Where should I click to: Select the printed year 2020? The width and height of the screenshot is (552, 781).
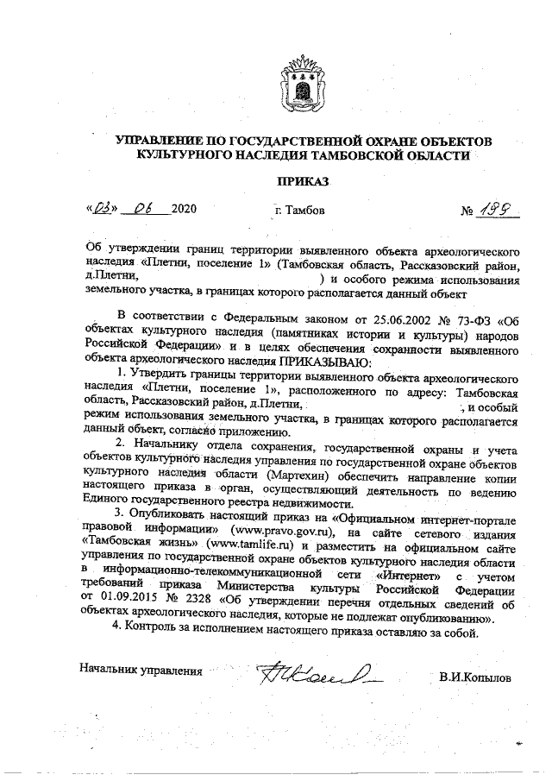[185, 210]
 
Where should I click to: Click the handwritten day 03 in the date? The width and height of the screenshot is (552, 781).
[103, 208]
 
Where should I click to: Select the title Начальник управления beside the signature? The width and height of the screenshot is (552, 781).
[141, 669]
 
